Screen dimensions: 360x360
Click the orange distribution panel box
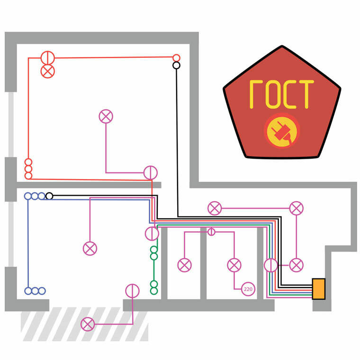coord(319,289)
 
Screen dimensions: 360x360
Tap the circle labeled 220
coord(248,288)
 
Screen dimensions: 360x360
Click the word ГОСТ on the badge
coord(281,94)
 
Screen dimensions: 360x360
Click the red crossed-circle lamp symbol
coord(47,71)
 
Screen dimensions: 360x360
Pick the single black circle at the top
coord(176,65)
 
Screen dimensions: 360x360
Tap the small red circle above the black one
coord(176,57)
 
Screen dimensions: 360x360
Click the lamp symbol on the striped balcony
coord(88,324)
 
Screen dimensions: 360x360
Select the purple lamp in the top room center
coord(106,116)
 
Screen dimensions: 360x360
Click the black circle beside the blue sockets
coord(49,196)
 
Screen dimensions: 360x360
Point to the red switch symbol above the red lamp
coord(47,58)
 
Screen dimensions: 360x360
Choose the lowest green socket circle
coord(153,291)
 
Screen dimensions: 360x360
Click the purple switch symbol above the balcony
coord(132,290)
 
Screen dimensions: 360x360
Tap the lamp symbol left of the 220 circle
coord(234,265)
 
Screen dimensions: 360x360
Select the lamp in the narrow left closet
coord(184,265)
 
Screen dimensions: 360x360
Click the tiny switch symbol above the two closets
coord(211,232)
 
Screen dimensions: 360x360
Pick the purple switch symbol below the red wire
coord(150,172)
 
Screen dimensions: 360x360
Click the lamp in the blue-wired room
coord(90,248)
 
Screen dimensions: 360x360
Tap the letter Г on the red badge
coord(256,94)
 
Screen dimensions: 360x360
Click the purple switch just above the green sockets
coord(152,233)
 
